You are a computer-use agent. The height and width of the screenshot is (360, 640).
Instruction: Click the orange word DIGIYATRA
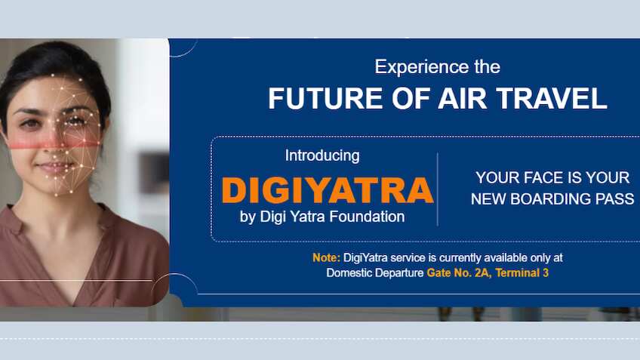(328, 190)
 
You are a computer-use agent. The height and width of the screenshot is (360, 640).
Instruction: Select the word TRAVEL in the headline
(560, 100)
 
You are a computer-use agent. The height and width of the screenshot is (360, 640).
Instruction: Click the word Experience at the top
(413, 66)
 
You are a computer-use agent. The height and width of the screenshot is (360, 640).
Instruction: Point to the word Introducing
(322, 156)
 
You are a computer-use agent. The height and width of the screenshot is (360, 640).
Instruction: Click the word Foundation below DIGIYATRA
(368, 217)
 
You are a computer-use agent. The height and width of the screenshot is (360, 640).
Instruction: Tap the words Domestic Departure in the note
(374, 273)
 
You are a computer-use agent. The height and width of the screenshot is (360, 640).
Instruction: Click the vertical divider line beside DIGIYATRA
(438, 189)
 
